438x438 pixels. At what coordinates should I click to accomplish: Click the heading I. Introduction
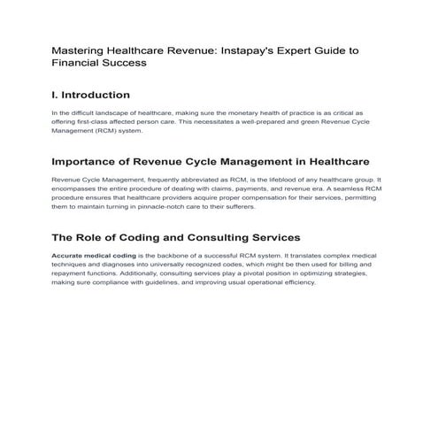tap(91, 95)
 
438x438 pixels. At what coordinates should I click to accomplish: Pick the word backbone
tap(181, 256)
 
